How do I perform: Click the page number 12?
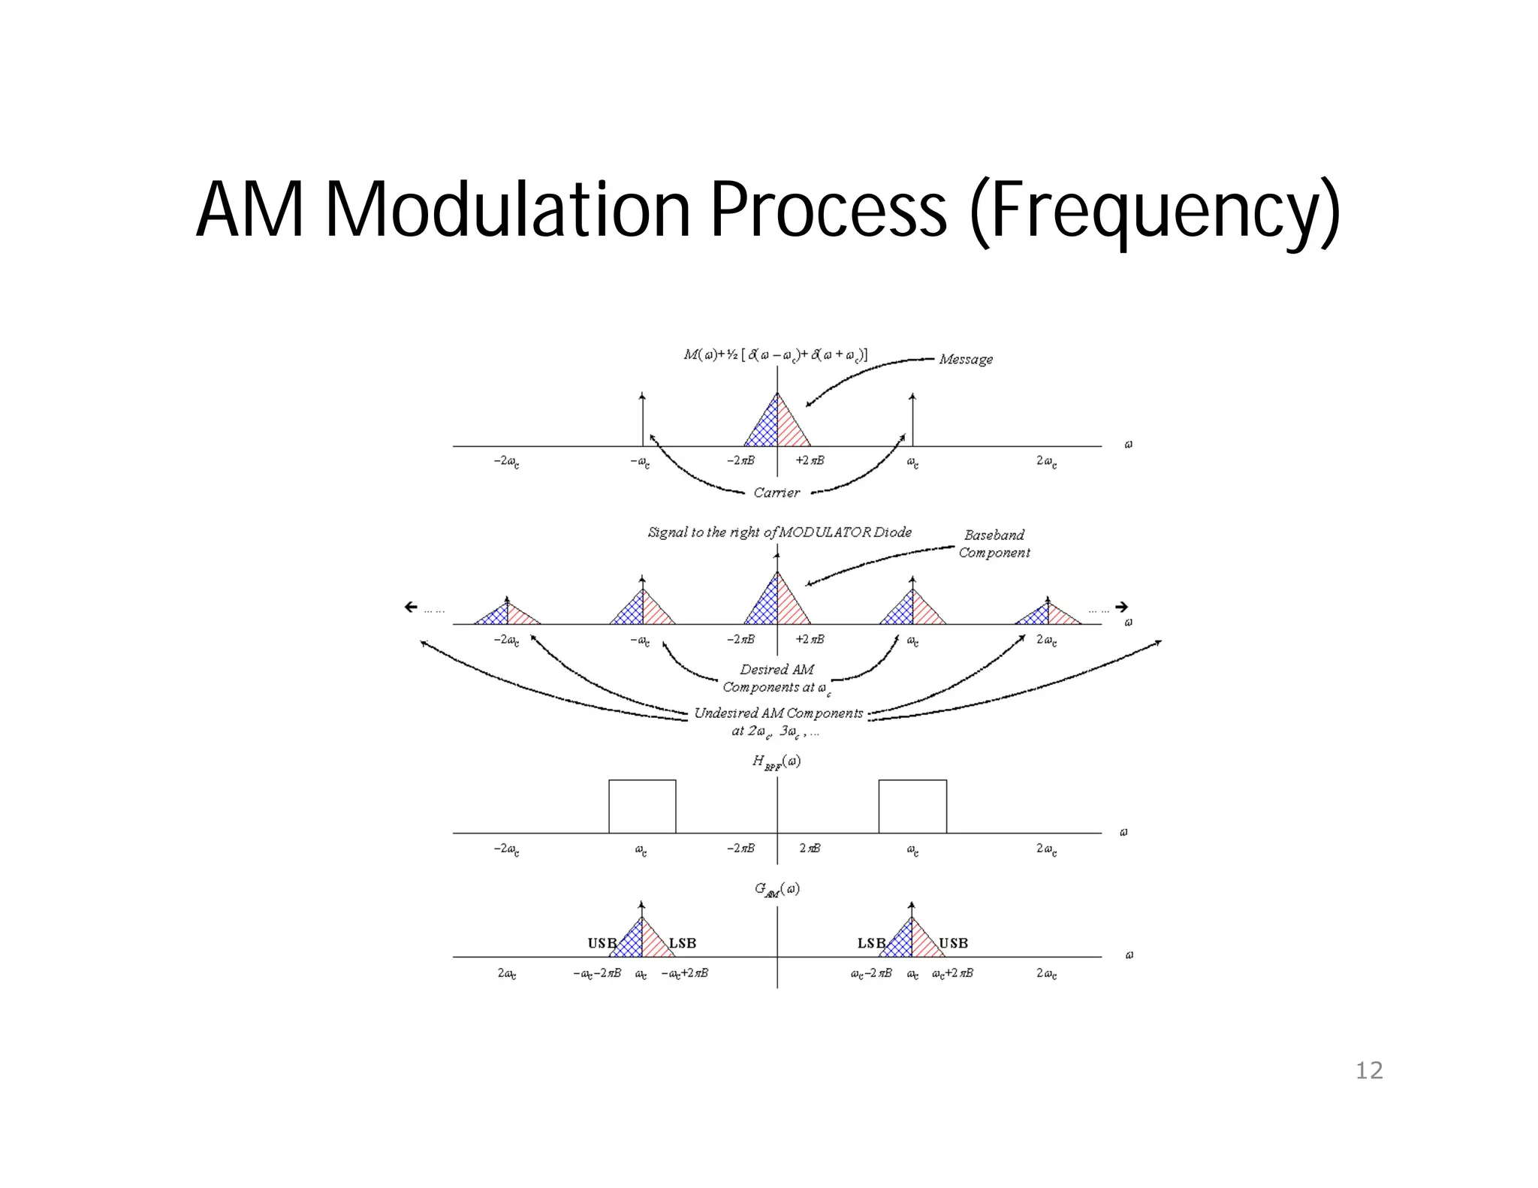coord(1368,1070)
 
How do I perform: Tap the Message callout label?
coord(966,360)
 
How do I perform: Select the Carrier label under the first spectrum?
coord(777,493)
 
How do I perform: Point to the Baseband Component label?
coord(994,544)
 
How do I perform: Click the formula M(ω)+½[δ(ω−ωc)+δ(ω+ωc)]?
coord(775,354)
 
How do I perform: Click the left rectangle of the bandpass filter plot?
coord(642,807)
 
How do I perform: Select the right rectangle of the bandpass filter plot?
coord(912,807)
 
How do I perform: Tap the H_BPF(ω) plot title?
coord(776,761)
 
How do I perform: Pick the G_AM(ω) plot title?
coord(777,889)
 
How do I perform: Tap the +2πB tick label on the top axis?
coord(810,460)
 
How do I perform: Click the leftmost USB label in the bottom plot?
coord(602,943)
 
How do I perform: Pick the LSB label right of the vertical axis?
coord(871,943)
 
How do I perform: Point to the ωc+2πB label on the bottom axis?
coord(952,973)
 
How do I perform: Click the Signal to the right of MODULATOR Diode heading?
coord(780,532)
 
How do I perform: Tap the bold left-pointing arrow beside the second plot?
coord(411,607)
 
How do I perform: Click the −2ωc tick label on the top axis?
coord(506,461)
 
